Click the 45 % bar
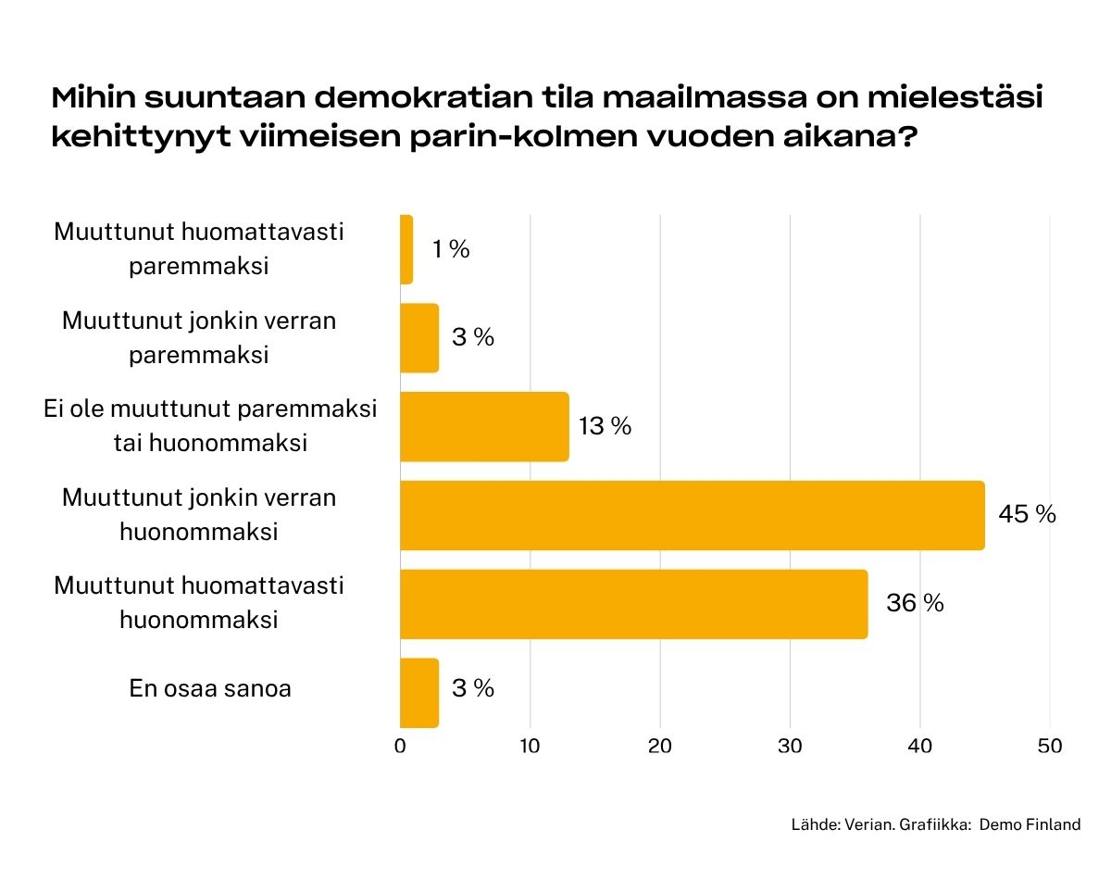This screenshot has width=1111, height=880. pyautogui.click(x=693, y=515)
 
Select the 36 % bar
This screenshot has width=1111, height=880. pyautogui.click(x=634, y=604)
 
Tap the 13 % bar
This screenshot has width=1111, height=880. pyautogui.click(x=485, y=426)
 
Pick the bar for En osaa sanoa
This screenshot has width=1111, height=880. pyautogui.click(x=419, y=693)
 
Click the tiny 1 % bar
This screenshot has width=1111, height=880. pyautogui.click(x=406, y=249)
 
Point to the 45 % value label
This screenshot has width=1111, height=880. pyautogui.click(x=1027, y=514)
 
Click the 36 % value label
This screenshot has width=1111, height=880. pyautogui.click(x=915, y=603)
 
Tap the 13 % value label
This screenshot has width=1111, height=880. pyautogui.click(x=605, y=426)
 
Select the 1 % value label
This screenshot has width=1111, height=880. pyautogui.click(x=451, y=249)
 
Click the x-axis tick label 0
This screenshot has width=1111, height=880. pyautogui.click(x=400, y=747)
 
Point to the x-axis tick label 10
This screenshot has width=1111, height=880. pyautogui.click(x=530, y=747)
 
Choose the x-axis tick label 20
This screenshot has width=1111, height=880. pyautogui.click(x=660, y=747)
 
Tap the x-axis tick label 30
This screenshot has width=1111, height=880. pyautogui.click(x=790, y=747)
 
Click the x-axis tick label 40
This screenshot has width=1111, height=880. pyautogui.click(x=920, y=747)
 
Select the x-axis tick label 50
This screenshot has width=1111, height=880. pyautogui.click(x=1050, y=747)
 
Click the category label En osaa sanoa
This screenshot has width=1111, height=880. pyautogui.click(x=210, y=689)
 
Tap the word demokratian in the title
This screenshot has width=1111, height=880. pyautogui.click(x=423, y=97)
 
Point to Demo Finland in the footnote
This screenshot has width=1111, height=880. pyautogui.click(x=1030, y=824)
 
